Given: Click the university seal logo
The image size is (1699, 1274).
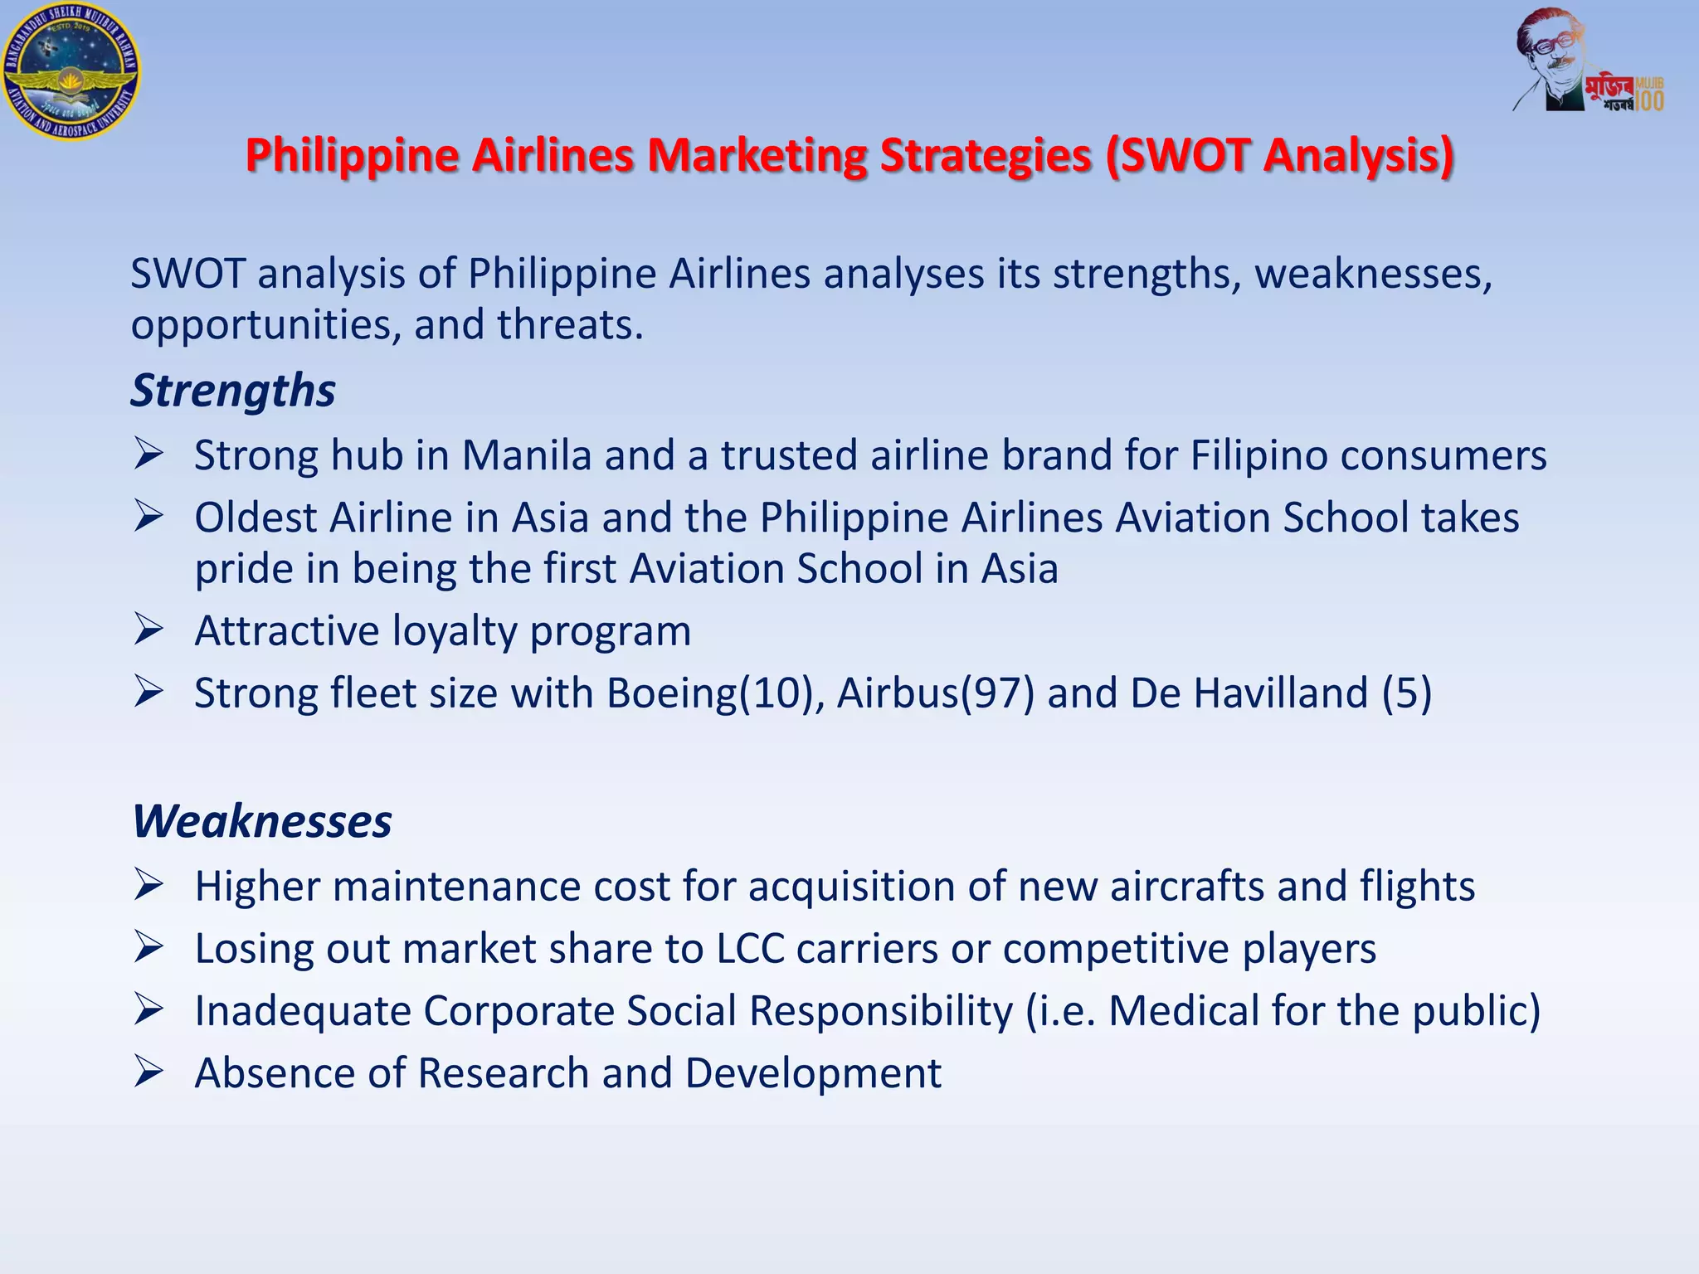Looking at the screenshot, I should (71, 71).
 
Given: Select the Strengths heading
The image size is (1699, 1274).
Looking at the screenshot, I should (233, 390).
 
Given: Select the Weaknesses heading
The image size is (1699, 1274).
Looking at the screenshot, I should (262, 821).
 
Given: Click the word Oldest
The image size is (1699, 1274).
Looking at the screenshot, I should (256, 518).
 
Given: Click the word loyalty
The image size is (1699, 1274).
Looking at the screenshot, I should (455, 631).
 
